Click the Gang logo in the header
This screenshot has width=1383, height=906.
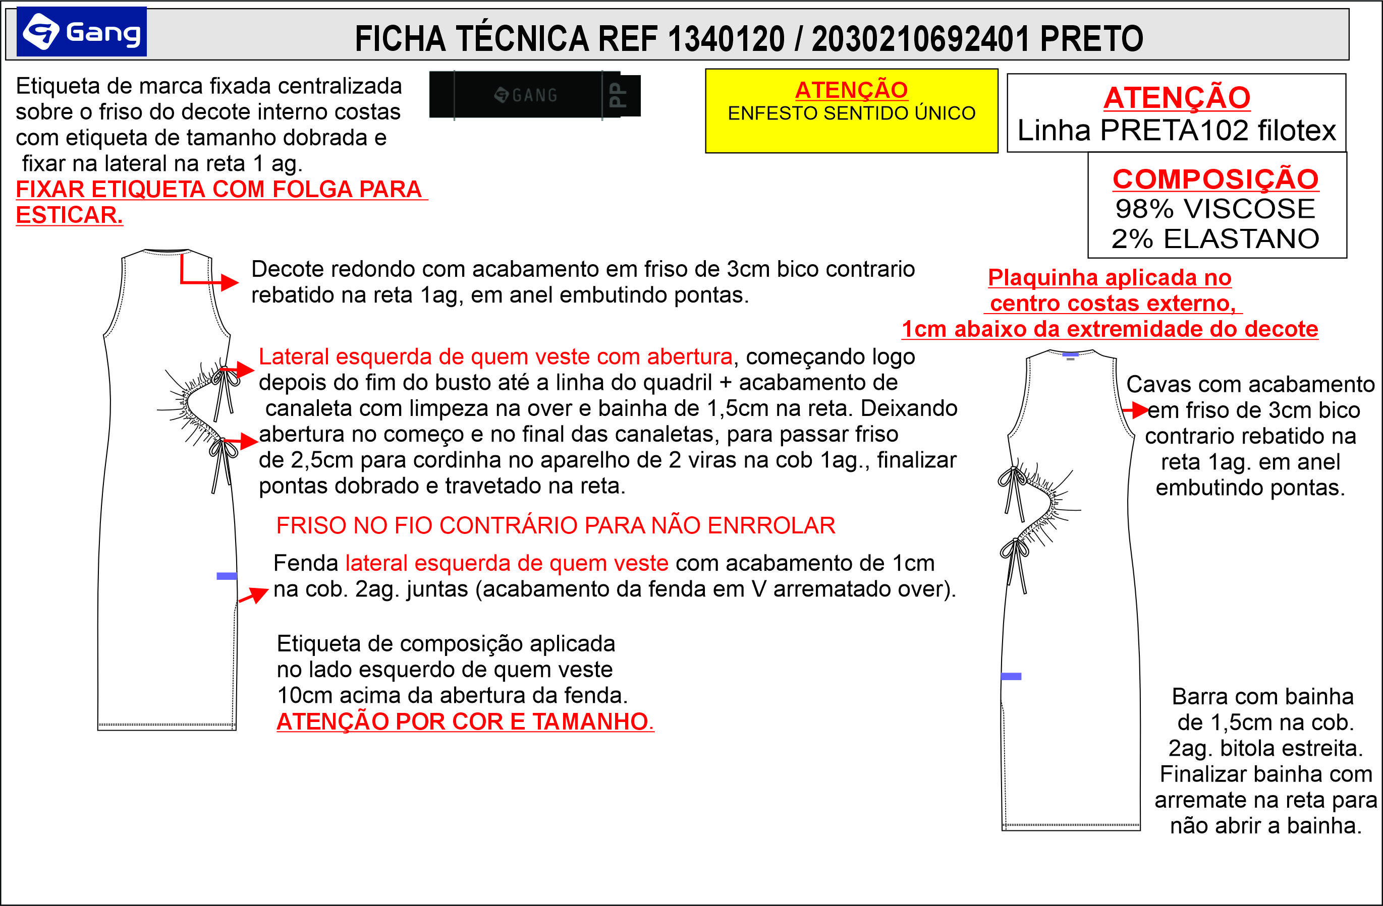click(x=81, y=32)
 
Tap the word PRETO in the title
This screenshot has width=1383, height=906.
click(x=1091, y=39)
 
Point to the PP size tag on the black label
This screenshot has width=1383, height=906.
click(x=620, y=95)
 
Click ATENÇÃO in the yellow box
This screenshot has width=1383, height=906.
click(x=851, y=90)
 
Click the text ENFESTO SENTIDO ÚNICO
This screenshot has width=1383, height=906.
click(x=851, y=113)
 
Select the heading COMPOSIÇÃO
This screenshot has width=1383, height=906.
click(x=1215, y=179)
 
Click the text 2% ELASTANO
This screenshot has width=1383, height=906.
click(x=1215, y=238)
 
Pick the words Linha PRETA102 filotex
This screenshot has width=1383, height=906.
click(x=1177, y=130)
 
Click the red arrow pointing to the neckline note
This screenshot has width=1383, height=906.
click(x=227, y=282)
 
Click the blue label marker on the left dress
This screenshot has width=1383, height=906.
click(x=226, y=576)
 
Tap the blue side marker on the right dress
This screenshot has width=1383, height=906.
click(x=1011, y=677)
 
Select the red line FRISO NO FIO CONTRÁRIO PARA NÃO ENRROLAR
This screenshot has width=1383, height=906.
click(x=556, y=525)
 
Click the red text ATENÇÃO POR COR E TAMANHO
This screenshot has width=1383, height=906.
click(x=465, y=722)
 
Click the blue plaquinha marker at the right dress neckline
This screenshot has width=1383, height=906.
click(x=1070, y=354)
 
